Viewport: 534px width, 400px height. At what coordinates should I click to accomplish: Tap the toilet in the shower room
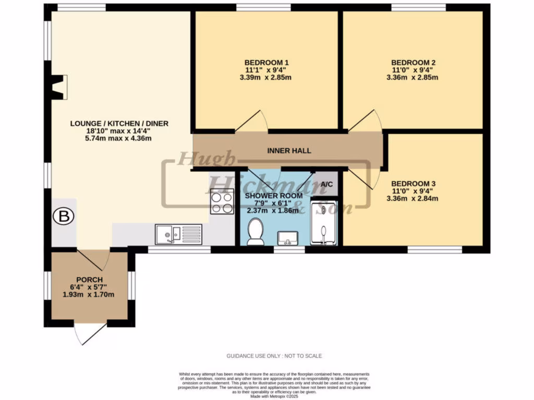(256, 231)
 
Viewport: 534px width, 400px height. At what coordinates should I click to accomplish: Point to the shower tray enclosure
(324, 223)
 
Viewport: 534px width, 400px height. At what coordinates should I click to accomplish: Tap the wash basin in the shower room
(287, 238)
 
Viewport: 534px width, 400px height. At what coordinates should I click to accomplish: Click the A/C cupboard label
(327, 184)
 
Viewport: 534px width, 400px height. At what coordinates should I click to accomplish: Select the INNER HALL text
(289, 151)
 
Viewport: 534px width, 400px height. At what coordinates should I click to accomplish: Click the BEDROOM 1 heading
(266, 62)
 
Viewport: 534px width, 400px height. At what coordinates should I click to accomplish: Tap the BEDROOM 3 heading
(414, 183)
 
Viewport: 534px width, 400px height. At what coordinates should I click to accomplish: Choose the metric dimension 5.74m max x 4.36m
(119, 139)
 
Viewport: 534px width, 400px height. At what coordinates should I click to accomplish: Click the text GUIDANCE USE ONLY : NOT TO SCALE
(274, 356)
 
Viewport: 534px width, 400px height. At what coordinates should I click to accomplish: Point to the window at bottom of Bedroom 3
(434, 250)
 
